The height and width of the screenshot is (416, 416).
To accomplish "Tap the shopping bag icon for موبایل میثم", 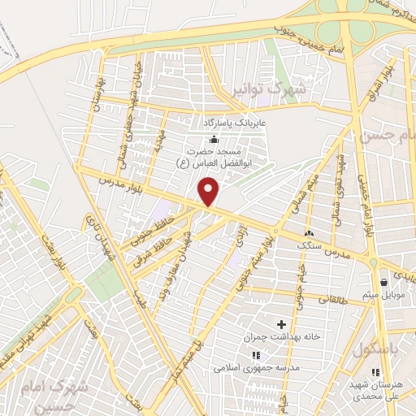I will point(383,283).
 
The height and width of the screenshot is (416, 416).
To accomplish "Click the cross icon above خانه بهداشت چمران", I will point(282,324).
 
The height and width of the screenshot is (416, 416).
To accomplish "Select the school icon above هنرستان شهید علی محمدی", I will point(375,372).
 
